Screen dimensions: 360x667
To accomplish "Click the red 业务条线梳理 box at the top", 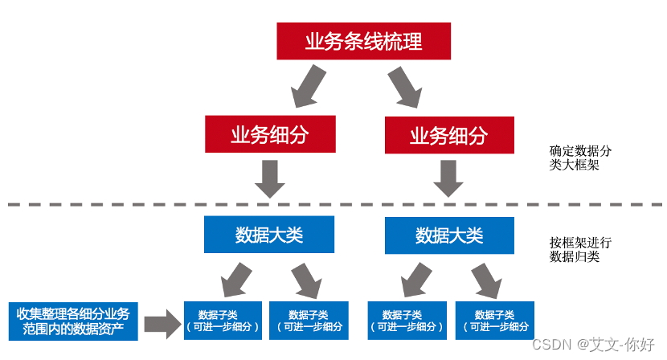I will [363, 41].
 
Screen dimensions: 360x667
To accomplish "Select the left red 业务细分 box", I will [269, 134].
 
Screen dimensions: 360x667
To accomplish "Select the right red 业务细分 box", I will [449, 135].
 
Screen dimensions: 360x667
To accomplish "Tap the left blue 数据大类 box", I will [268, 235].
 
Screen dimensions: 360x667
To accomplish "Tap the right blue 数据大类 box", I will [449, 235].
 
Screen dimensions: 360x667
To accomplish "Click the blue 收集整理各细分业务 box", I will [72, 320].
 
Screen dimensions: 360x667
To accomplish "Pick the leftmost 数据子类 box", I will [223, 320].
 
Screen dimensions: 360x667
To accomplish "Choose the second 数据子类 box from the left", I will [309, 320].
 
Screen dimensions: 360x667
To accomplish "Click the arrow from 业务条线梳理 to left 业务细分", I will [307, 86].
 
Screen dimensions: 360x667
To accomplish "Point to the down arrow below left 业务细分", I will [269, 178].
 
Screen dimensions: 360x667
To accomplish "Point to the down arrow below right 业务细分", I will [449, 178].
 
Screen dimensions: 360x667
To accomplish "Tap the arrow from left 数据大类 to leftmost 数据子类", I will [235, 279].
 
